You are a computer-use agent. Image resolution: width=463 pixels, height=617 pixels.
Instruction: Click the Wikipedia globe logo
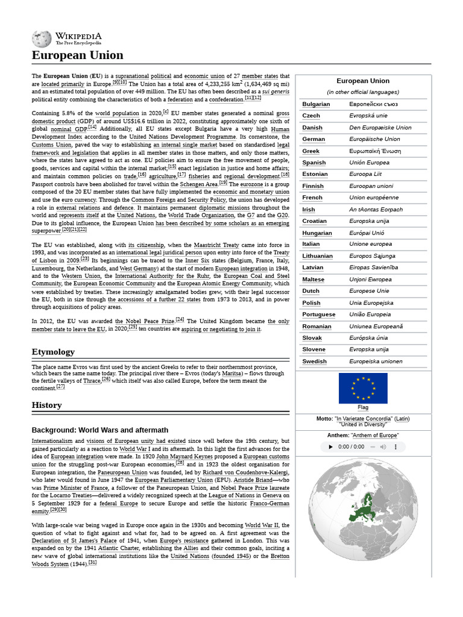[42, 39]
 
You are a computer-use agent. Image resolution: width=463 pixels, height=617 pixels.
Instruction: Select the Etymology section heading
[53, 352]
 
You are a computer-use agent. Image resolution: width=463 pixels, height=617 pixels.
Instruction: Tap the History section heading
[46, 406]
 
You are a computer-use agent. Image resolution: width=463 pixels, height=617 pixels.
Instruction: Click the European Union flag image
[363, 388]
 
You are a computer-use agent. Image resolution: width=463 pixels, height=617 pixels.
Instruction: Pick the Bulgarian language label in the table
[316, 104]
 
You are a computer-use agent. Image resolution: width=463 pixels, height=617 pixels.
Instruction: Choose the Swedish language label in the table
[314, 362]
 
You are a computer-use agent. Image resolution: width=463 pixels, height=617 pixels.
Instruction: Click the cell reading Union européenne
[374, 198]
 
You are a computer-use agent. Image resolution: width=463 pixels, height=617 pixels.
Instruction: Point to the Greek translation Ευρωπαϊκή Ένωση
[375, 151]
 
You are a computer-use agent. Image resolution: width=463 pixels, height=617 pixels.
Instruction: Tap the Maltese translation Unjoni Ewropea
[370, 280]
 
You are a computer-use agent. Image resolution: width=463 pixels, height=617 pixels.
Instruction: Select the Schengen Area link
[199, 184]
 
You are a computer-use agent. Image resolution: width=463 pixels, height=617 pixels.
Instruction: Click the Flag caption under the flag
[363, 408]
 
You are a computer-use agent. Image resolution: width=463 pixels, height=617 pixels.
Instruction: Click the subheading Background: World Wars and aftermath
[100, 430]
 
